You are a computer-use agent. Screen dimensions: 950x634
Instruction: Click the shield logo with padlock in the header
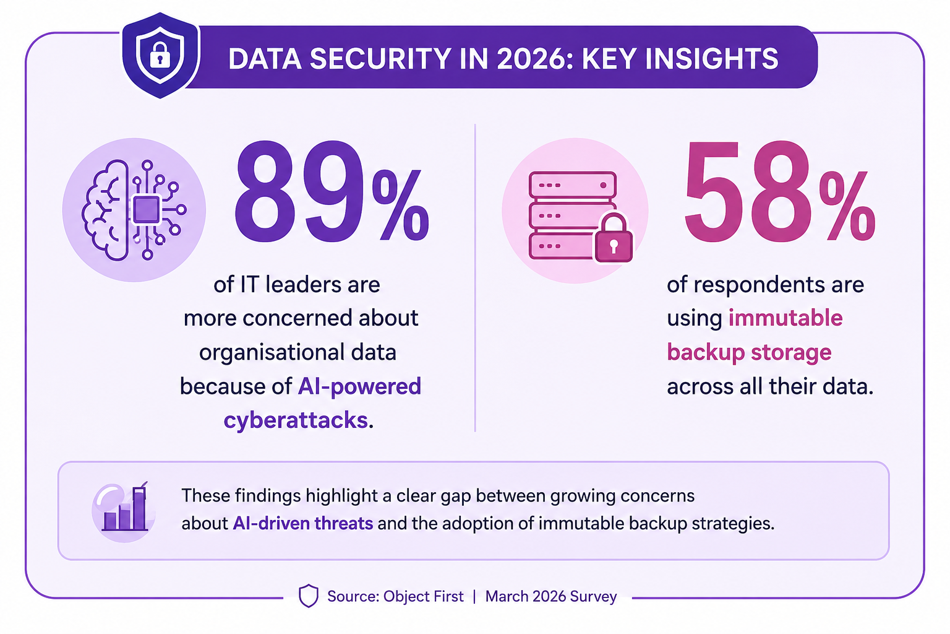coord(160,55)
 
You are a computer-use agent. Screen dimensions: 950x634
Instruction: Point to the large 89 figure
coord(300,192)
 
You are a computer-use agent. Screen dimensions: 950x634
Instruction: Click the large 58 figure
coord(748,192)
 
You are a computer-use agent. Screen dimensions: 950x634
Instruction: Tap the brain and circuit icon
coord(134,210)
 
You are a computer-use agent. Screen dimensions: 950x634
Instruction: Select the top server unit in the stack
coord(573,185)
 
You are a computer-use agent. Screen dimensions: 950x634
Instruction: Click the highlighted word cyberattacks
coord(296,420)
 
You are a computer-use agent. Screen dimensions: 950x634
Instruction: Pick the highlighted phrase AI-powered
coord(359,386)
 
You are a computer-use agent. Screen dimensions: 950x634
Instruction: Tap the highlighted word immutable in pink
coord(785,318)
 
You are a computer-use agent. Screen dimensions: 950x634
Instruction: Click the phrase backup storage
coord(749,352)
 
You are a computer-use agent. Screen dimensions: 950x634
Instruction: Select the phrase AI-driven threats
coord(303,523)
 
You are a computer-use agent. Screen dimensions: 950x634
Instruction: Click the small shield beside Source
coord(309,596)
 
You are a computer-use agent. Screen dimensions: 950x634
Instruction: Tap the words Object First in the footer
coord(423,596)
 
